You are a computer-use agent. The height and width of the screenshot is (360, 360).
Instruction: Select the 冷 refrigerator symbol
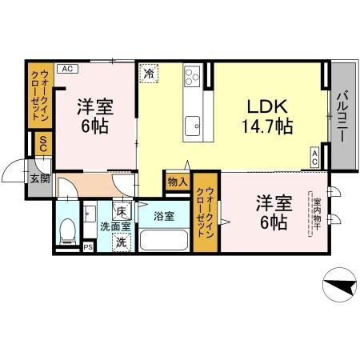150,74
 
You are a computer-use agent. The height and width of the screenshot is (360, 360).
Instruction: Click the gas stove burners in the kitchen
193,78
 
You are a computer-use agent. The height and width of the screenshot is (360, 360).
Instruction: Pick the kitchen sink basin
193,125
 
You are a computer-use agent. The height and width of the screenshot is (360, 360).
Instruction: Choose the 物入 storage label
177,182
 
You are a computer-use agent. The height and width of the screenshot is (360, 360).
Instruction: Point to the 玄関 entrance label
39,178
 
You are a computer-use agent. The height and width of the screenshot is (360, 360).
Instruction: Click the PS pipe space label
88,247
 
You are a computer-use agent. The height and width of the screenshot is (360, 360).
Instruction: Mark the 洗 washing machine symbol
121,242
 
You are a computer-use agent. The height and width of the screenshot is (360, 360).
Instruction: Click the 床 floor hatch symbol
122,212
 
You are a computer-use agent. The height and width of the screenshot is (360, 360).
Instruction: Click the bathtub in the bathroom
164,238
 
